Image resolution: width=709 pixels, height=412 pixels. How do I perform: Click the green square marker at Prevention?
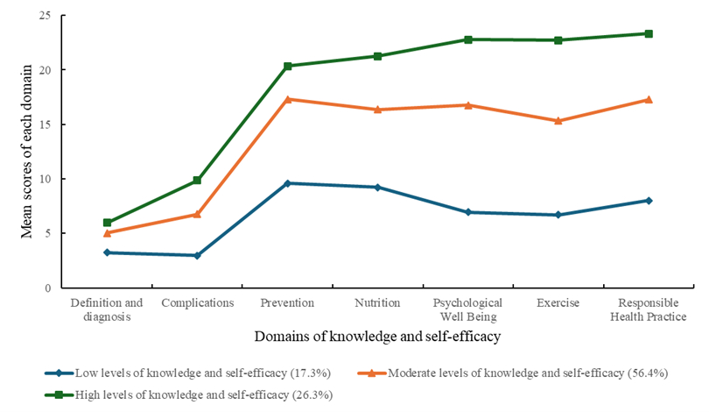[287, 66]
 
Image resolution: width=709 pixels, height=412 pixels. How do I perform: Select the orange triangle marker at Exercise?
[558, 121]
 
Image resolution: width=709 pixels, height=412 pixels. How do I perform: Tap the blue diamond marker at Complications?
[197, 255]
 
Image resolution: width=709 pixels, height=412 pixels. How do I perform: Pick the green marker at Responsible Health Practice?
[649, 33]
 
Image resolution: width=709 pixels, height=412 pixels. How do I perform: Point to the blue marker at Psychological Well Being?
[468, 212]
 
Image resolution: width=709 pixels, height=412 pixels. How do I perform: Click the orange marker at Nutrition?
[377, 110]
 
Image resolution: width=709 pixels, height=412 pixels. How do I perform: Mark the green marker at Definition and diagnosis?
[107, 223]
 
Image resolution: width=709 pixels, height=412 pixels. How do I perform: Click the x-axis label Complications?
[197, 303]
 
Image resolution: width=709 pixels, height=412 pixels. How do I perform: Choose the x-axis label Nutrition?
[377, 303]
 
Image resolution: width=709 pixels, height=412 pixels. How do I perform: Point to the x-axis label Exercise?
[558, 303]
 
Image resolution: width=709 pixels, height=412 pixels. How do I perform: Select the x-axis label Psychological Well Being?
[468, 309]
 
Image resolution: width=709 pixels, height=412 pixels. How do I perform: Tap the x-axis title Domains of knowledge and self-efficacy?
[377, 337]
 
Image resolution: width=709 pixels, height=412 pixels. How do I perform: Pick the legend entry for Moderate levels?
[516, 372]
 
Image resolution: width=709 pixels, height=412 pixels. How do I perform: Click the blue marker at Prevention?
[287, 183]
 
